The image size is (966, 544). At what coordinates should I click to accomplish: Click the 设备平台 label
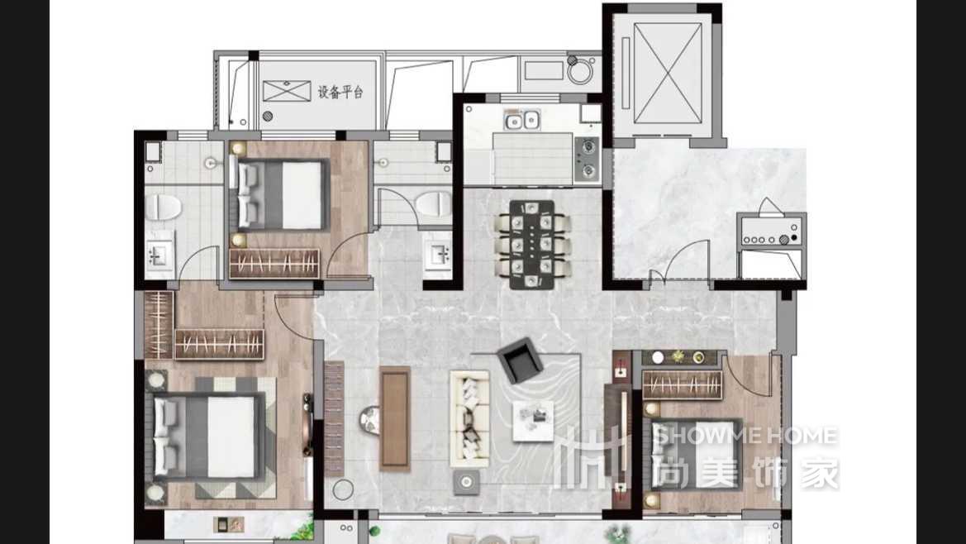pyautogui.click(x=340, y=93)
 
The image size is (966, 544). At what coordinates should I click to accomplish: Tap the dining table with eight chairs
pyautogui.click(x=533, y=245)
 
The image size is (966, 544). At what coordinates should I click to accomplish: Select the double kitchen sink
pyautogui.click(x=521, y=120)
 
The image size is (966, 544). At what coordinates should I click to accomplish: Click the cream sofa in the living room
pyautogui.click(x=469, y=418)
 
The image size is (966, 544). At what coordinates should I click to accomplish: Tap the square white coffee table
pyautogui.click(x=533, y=421)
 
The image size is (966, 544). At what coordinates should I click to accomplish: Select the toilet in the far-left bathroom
pyautogui.click(x=164, y=208)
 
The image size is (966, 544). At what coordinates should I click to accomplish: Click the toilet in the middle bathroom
pyautogui.click(x=434, y=203)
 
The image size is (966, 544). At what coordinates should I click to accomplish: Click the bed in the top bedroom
pyautogui.click(x=280, y=195)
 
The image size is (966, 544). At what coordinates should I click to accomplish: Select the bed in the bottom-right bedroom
pyautogui.click(x=693, y=455)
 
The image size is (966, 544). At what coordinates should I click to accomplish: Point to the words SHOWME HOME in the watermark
pyautogui.click(x=745, y=437)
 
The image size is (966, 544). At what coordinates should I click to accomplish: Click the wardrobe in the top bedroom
pyautogui.click(x=274, y=264)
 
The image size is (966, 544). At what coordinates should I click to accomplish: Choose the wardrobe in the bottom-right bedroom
pyautogui.click(x=682, y=384)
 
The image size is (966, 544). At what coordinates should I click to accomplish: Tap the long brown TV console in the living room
pyautogui.click(x=395, y=418)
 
